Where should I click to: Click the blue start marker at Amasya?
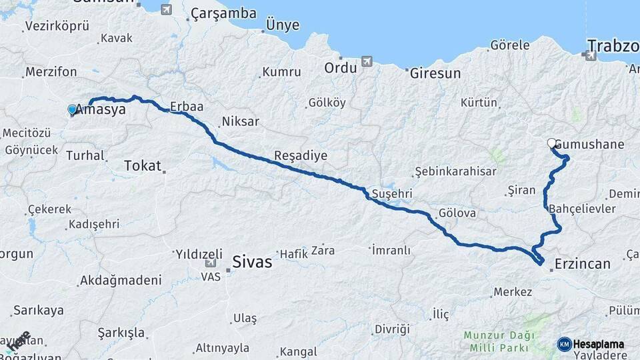[72, 109]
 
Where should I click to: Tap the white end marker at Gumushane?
[552, 143]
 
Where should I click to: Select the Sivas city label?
[252, 262]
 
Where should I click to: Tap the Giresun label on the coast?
[435, 73]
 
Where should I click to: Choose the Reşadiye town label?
[301, 155]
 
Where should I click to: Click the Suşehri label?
[392, 194]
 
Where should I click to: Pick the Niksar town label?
[240, 121]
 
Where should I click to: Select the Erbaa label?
[186, 106]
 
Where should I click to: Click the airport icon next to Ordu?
[367, 62]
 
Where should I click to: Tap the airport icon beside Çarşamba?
[166, 10]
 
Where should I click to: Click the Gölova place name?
[457, 214]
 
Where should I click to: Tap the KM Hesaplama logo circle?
[565, 344]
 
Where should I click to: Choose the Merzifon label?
[51, 72]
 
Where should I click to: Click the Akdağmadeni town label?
[120, 280]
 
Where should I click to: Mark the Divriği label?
[391, 329]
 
